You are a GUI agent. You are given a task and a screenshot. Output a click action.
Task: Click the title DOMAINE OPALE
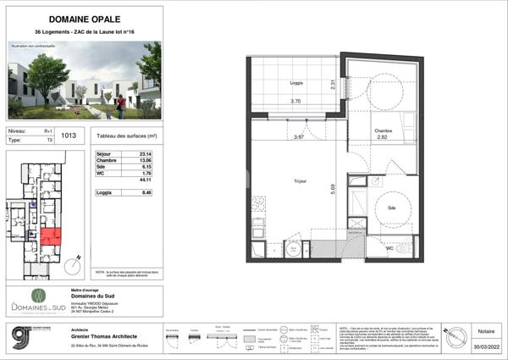84,19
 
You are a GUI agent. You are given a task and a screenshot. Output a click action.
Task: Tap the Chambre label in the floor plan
385,129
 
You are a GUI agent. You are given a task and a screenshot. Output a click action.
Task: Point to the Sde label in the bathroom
392,208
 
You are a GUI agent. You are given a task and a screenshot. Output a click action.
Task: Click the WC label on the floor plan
389,249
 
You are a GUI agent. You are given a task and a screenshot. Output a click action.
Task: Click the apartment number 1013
69,135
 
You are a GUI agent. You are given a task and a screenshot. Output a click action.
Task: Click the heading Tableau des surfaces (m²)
128,136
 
